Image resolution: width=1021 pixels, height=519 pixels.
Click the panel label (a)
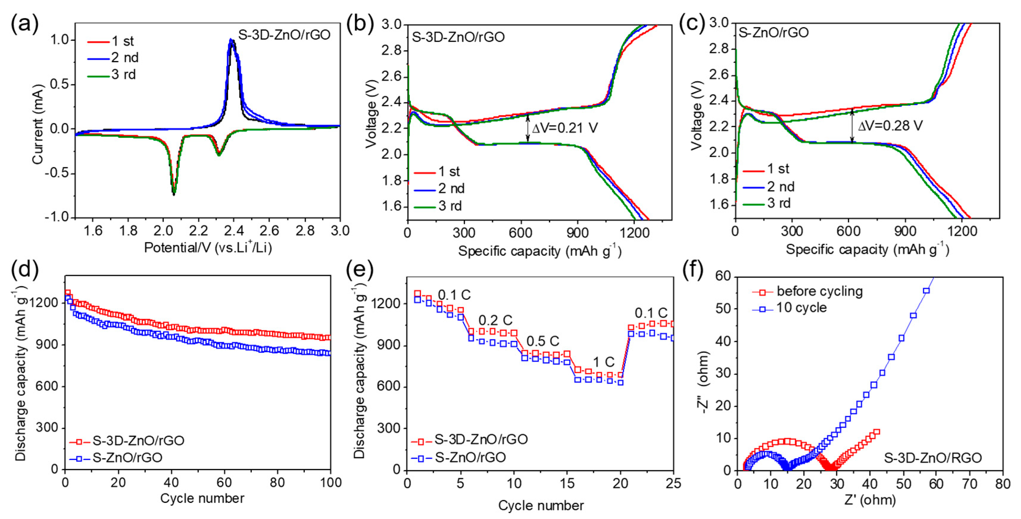[x=25, y=25]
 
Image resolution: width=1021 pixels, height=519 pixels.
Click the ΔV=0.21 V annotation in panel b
[x=564, y=128]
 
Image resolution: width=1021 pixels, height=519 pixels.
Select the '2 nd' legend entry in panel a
[x=124, y=58]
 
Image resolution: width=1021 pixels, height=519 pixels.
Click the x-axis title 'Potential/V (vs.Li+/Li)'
[x=208, y=248]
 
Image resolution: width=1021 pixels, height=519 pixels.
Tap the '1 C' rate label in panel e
[x=603, y=362]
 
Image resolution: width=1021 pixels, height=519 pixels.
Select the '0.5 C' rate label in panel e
[x=543, y=341]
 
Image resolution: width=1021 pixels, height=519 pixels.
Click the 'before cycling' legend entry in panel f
[x=819, y=291]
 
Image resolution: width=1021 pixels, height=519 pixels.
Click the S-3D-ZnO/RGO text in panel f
[x=933, y=458]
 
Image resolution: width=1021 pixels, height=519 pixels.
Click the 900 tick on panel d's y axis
[x=47, y=345]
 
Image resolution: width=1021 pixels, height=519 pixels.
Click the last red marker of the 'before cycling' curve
[x=876, y=432]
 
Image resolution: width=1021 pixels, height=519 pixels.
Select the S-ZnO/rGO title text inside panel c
[x=773, y=32]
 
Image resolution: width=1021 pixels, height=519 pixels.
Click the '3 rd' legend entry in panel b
[x=450, y=206]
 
